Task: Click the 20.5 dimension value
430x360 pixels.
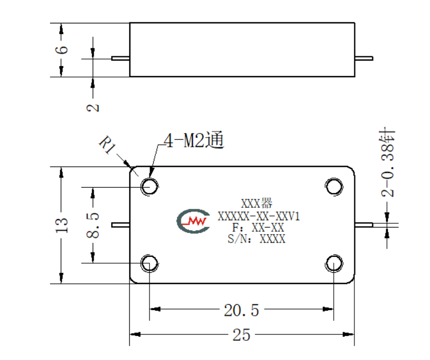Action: click(241, 310)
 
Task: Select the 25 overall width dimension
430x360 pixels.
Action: click(241, 335)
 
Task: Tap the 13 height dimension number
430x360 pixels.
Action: click(61, 225)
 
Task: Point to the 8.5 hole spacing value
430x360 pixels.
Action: click(93, 225)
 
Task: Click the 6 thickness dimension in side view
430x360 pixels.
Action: click(61, 49)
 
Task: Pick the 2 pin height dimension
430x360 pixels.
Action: click(93, 107)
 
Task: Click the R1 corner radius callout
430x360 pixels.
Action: click(107, 145)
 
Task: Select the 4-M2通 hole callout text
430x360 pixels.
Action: click(194, 140)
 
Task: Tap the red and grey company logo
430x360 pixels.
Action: click(194, 221)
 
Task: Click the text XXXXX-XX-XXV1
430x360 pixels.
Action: click(259, 216)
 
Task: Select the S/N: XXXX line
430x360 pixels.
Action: click(257, 239)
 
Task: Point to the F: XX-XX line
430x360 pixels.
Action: click(258, 228)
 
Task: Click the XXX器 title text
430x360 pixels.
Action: click(257, 203)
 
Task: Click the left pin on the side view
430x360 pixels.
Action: click(120, 58)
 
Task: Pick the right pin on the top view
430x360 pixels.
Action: click(364, 225)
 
